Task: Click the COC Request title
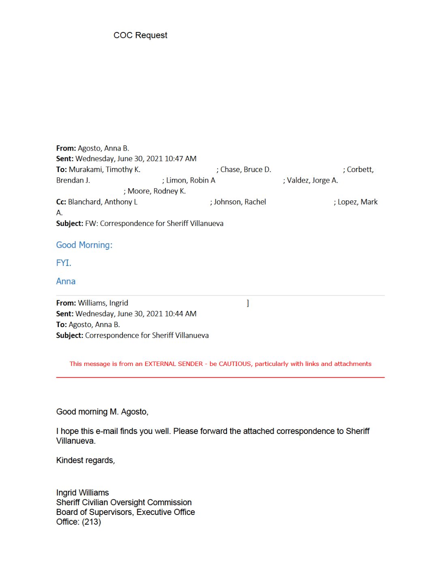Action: point(140,35)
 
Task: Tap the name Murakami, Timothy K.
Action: point(105,170)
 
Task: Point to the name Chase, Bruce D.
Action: point(246,170)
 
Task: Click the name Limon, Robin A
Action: point(191,181)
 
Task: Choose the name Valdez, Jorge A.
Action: point(312,181)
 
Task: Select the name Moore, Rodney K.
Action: point(156,191)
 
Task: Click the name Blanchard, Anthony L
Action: point(103,202)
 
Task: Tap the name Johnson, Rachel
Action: point(240,202)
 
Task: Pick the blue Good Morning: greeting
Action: point(84,245)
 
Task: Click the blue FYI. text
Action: point(64,263)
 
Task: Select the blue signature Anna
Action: point(66,281)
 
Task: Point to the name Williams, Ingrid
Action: point(103,303)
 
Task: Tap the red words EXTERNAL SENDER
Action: point(173,364)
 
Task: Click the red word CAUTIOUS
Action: point(235,364)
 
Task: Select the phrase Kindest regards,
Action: point(86,460)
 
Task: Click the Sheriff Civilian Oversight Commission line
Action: point(124,502)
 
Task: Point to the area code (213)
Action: point(92,522)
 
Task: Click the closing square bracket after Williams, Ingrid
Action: point(248,303)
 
